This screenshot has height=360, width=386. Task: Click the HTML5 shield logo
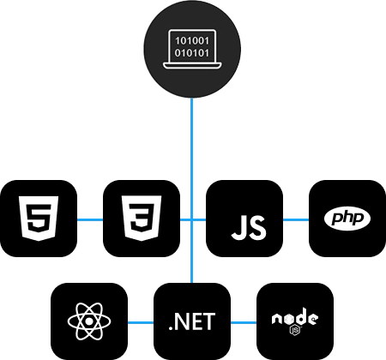point(39,219)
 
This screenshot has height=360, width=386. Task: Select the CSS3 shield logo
point(142,219)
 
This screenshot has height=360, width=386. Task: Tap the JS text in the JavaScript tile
point(249,228)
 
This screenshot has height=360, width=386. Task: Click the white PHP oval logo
point(347,219)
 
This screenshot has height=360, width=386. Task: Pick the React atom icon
point(89,321)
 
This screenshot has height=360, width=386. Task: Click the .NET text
point(192,321)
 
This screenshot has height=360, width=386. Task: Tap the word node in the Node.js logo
point(295,316)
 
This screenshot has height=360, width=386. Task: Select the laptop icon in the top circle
point(192,49)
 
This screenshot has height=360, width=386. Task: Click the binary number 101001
point(192,41)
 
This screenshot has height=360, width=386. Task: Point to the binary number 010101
point(192,53)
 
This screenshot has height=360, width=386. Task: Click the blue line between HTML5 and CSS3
point(90,219)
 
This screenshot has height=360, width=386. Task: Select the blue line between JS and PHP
point(296,219)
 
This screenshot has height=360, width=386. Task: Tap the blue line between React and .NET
point(141,323)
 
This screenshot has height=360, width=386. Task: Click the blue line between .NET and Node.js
point(244,323)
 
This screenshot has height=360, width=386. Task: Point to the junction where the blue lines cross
point(192,219)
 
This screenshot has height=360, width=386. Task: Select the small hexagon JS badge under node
point(295,330)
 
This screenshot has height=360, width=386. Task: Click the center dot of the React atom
point(89,321)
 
